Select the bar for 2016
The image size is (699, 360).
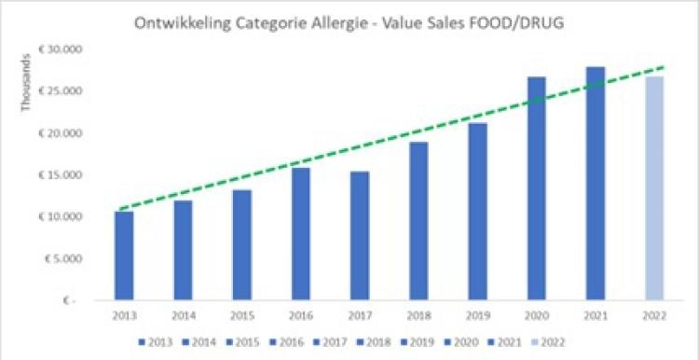point(300,233)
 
